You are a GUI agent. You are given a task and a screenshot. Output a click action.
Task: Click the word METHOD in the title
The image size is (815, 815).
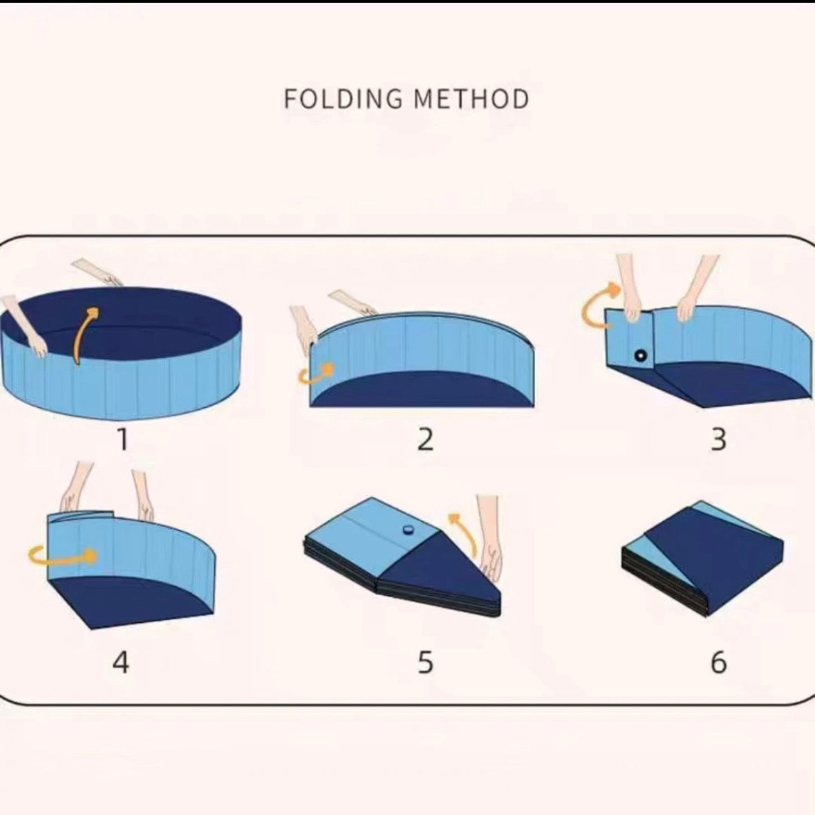471,100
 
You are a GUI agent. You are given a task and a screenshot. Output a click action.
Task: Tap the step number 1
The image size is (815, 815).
122,439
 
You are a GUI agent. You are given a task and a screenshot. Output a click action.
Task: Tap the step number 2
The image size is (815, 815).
425,439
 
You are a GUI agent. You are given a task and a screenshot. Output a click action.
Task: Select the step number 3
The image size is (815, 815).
719,439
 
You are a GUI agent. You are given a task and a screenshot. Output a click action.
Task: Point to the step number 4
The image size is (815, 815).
120,662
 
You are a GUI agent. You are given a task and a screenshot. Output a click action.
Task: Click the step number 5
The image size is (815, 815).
425,662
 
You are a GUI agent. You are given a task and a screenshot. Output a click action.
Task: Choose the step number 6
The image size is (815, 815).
719,662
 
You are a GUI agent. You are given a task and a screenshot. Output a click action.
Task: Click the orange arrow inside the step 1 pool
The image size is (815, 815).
85,332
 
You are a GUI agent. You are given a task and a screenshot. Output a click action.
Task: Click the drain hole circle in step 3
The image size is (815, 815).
641,356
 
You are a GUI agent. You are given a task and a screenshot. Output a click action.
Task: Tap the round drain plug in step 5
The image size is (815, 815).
407,530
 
